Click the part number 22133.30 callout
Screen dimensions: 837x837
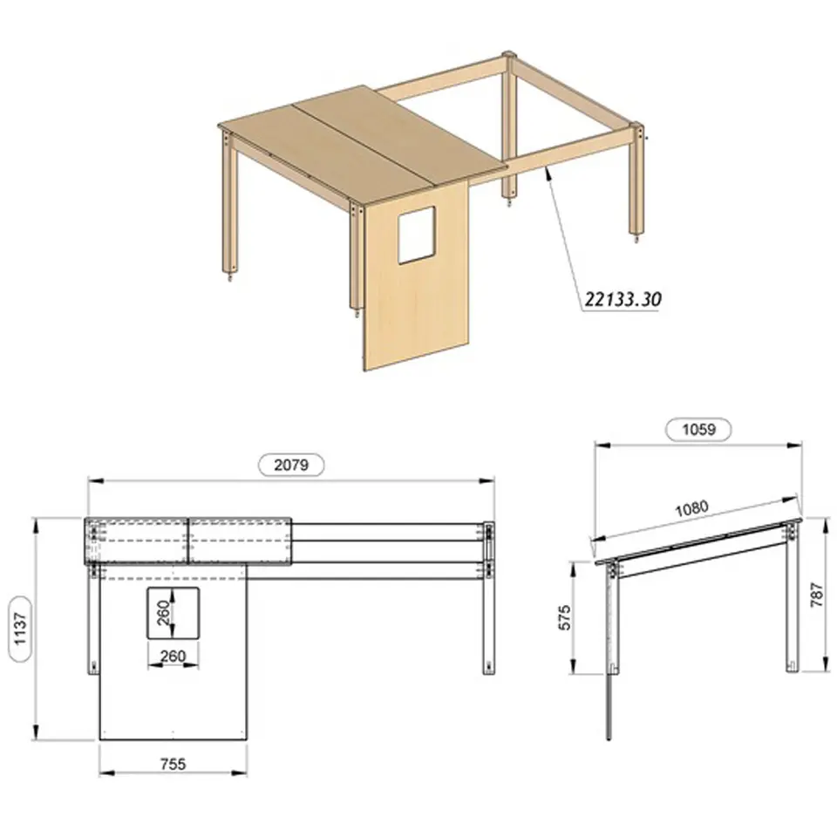(623, 299)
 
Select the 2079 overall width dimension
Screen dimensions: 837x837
(291, 465)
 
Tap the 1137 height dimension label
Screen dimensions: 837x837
(20, 629)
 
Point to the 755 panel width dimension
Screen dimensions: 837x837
(174, 764)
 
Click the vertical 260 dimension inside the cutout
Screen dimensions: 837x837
(164, 613)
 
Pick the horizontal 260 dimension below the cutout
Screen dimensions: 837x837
(173, 656)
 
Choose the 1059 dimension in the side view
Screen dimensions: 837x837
(698, 429)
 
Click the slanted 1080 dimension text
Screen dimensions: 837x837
(691, 508)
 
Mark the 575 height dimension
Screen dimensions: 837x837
(565, 617)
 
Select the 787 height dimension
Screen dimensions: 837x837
(817, 594)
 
